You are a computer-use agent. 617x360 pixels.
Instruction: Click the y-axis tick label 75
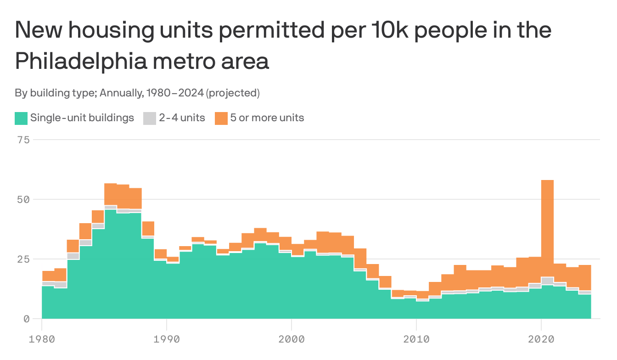tap(23, 140)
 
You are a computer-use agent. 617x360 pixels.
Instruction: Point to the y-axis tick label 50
tap(23, 199)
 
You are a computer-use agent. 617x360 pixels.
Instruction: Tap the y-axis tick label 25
tap(23, 259)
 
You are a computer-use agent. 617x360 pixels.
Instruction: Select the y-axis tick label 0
tap(26, 319)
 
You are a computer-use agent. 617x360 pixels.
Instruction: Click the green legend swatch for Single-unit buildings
tap(21, 118)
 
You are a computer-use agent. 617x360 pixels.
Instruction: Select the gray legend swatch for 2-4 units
tap(150, 118)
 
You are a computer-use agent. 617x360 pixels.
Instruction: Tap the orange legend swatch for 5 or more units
tap(221, 118)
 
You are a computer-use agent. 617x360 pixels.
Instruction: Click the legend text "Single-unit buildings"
tap(82, 118)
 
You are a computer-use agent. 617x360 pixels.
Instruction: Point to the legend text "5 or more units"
tap(267, 118)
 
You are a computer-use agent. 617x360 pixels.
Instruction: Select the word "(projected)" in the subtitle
tap(233, 93)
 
